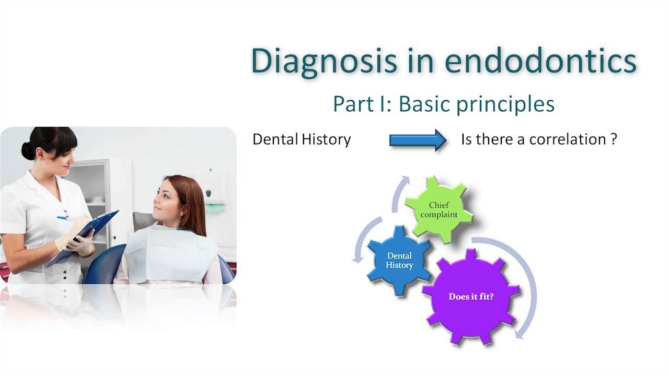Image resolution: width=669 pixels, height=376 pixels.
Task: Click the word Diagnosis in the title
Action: click(324, 61)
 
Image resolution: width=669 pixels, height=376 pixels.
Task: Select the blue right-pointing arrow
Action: click(418, 140)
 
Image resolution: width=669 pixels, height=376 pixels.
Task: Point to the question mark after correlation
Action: click(614, 139)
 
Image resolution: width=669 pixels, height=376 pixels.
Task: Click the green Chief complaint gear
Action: click(439, 209)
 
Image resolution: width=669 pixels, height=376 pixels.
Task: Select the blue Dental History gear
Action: click(400, 261)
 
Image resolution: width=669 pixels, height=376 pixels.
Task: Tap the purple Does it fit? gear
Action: click(471, 297)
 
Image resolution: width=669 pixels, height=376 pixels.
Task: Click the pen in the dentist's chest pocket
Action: click(65, 218)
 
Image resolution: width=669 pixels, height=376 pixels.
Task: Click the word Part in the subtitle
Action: click(354, 104)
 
